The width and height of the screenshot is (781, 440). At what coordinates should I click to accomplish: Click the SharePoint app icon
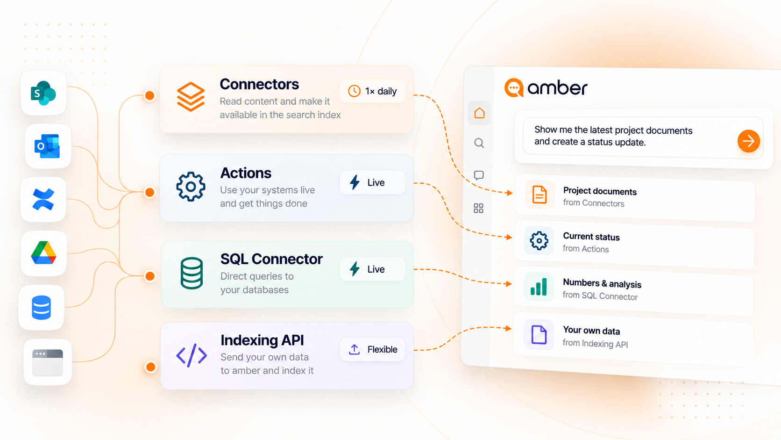pos(43,93)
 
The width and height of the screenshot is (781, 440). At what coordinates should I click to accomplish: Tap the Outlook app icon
pos(48,146)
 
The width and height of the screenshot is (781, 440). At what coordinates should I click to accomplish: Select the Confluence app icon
pos(43,200)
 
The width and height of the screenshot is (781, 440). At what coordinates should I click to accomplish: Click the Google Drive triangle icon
pos(43,252)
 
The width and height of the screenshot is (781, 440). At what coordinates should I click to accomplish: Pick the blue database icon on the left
pos(42,307)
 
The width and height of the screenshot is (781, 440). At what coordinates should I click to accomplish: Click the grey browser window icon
pos(48,363)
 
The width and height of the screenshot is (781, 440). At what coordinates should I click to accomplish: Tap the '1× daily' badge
pos(372,91)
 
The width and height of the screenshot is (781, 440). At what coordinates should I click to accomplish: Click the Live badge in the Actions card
pos(372,182)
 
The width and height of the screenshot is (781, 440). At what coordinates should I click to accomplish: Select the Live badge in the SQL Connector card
pos(372,269)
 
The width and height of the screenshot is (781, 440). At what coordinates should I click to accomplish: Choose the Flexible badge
pos(372,349)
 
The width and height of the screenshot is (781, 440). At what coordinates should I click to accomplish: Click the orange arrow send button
pos(749,141)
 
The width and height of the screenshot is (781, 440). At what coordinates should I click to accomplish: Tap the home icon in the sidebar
pos(479,113)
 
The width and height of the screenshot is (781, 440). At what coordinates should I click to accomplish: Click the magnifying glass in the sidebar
pos(479,143)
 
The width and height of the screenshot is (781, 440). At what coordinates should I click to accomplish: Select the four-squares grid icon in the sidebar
pos(478,209)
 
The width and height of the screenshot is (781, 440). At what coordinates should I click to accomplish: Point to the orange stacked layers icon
pos(191,97)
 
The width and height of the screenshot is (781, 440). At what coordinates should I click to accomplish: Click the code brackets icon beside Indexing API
pos(192,355)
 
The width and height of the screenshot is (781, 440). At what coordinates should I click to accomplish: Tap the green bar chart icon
pos(539,287)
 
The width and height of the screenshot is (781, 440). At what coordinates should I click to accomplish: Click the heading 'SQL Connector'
pos(271,259)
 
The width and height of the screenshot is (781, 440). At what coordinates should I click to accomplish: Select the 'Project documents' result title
pos(600,191)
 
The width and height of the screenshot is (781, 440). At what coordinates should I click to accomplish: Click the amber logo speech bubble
pos(514,88)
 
